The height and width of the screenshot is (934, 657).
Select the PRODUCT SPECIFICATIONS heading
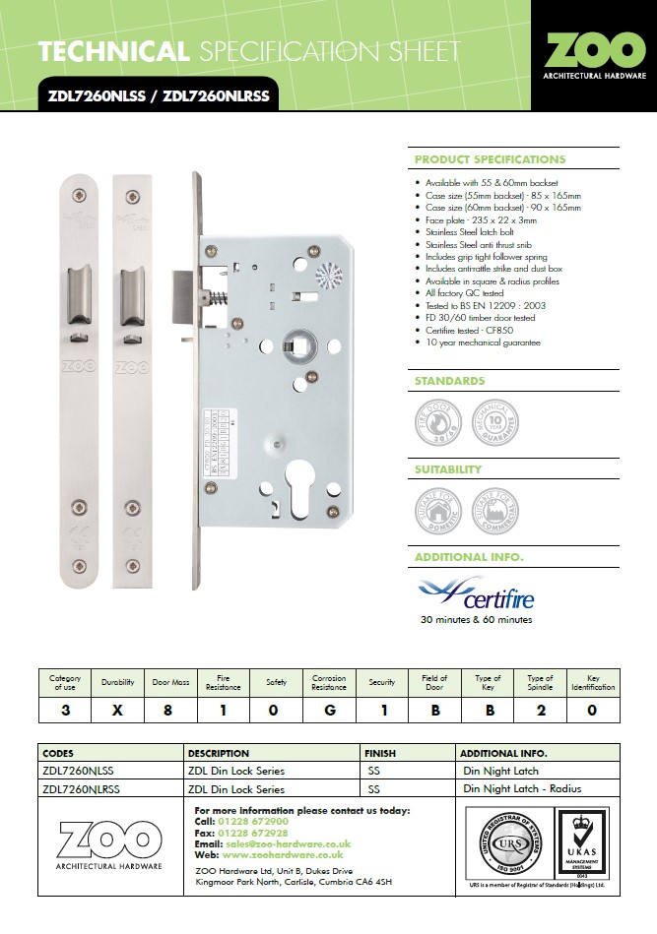coord(490,159)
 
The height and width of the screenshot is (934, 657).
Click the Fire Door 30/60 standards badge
coord(436,420)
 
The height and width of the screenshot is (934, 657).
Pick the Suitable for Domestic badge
coord(436,510)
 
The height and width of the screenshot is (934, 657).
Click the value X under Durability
coord(118,709)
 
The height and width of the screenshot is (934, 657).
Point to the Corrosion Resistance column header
coord(329,681)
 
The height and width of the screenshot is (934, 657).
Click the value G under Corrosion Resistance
coord(329,709)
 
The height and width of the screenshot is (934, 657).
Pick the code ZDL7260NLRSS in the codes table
coord(81,788)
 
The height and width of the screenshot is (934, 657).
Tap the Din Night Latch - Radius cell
coord(520,788)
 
